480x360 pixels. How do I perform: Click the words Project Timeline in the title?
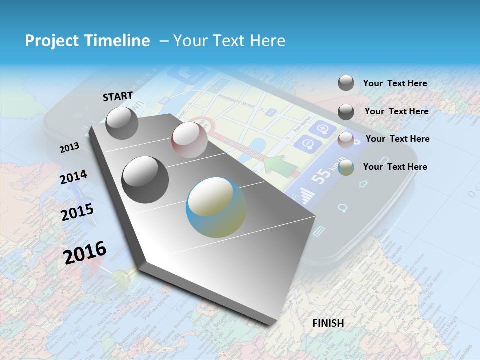pyautogui.click(x=87, y=41)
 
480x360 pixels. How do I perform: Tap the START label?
pyautogui.click(x=118, y=96)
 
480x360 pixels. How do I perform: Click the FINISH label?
pyautogui.click(x=328, y=323)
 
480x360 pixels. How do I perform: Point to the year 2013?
pyautogui.click(x=69, y=148)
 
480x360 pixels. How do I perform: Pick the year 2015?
pyautogui.click(x=77, y=212)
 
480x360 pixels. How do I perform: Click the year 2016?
pyautogui.click(x=85, y=253)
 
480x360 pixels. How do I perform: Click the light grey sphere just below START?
pyautogui.click(x=122, y=123)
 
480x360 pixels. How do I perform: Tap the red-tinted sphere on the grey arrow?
pyautogui.click(x=189, y=140)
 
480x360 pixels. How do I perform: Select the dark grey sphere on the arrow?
pyautogui.click(x=145, y=179)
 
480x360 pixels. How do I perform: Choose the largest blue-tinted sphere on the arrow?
pyautogui.click(x=216, y=207)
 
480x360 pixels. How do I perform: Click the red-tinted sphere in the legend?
pyautogui.click(x=346, y=140)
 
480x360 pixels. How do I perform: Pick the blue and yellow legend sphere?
pyautogui.click(x=346, y=168)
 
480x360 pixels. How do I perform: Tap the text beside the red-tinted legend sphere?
pyautogui.click(x=397, y=139)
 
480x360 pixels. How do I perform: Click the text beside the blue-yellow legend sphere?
pyautogui.click(x=395, y=167)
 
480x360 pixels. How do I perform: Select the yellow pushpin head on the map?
pyautogui.click(x=120, y=276)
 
